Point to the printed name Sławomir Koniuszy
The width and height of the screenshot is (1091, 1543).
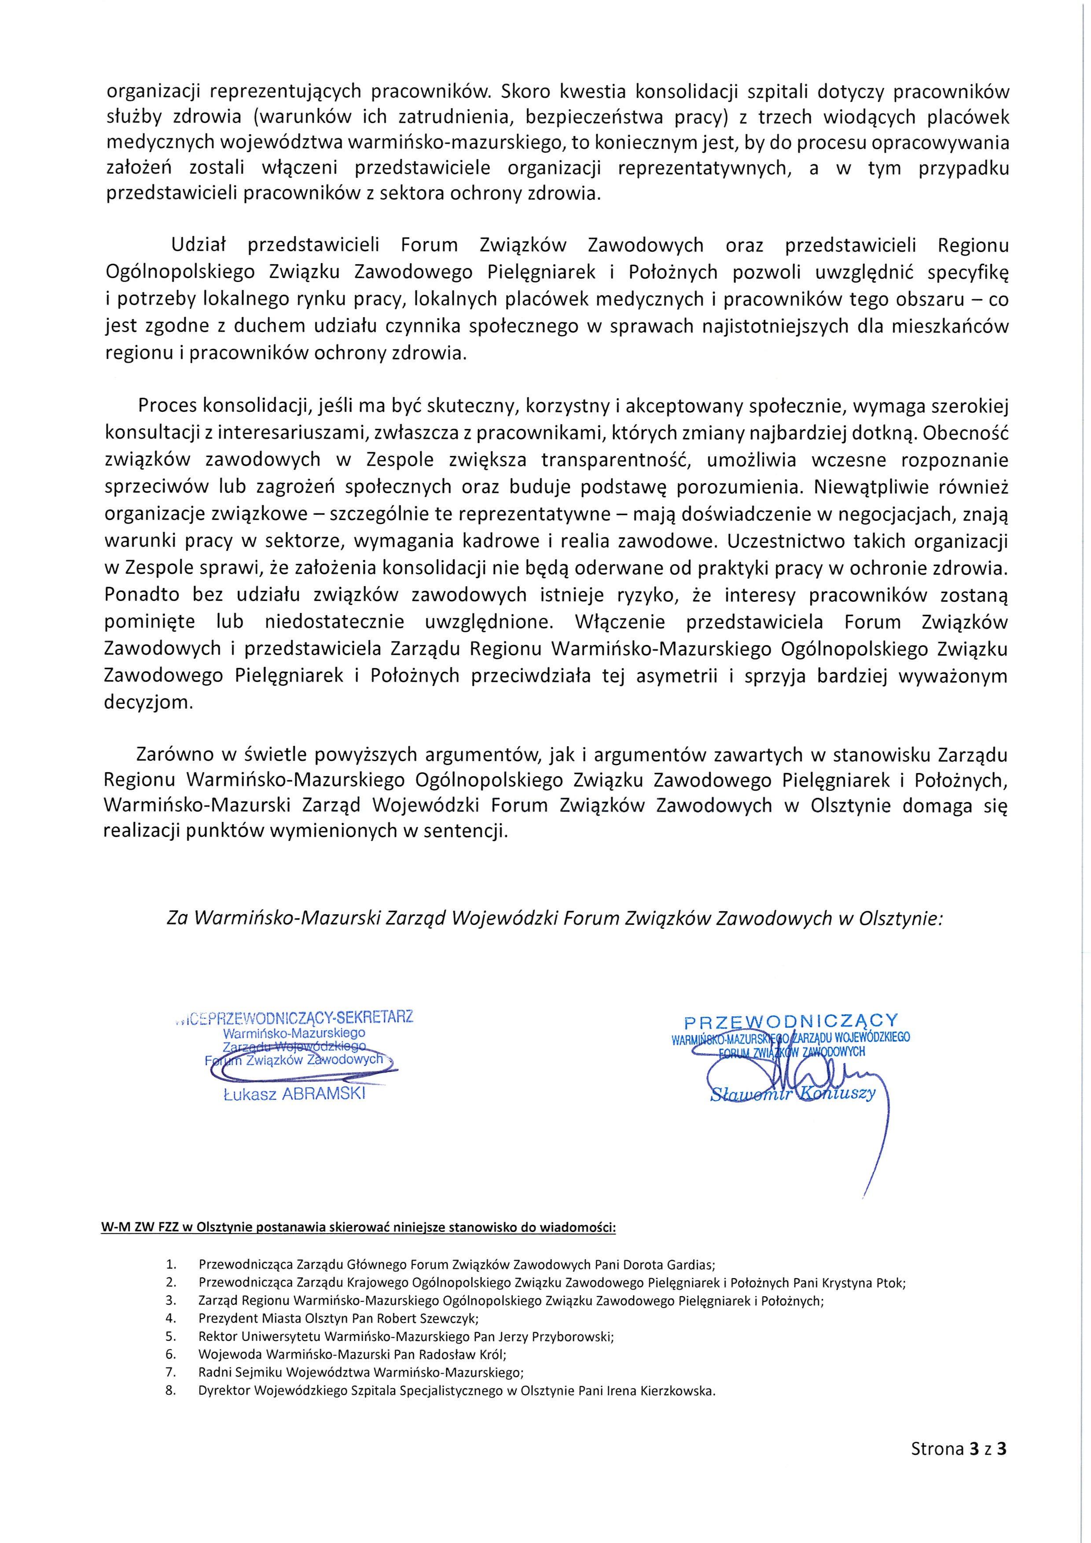(793, 1093)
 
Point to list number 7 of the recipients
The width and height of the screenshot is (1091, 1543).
(171, 1372)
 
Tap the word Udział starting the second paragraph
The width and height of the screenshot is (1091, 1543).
(200, 246)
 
